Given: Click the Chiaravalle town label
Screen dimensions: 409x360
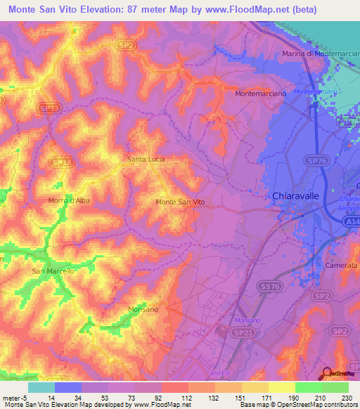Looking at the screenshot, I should [x=296, y=197].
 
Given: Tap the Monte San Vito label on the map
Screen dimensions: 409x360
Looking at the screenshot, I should [x=180, y=202].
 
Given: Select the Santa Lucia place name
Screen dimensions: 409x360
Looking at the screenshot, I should [x=146, y=160].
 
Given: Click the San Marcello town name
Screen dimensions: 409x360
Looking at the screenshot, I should [x=53, y=271].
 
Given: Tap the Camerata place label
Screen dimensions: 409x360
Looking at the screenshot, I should [x=342, y=266].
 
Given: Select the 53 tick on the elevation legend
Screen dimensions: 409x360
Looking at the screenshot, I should [x=108, y=397].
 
